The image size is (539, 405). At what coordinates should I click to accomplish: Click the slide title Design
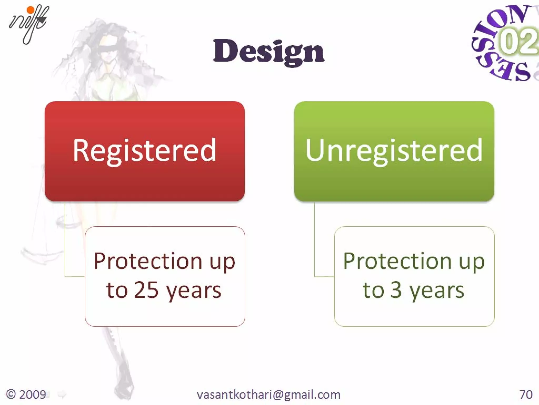click(x=269, y=51)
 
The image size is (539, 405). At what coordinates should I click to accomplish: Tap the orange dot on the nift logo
click(x=31, y=10)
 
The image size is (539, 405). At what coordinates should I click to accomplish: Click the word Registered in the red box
click(x=144, y=151)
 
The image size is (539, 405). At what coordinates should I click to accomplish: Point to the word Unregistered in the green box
click(x=394, y=151)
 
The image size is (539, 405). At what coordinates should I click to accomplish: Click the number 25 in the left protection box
click(x=146, y=290)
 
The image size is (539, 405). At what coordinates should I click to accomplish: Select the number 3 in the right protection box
click(x=396, y=290)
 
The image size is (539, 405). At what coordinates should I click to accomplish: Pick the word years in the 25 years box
click(x=194, y=291)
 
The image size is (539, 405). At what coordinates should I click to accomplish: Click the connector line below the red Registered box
click(x=65, y=237)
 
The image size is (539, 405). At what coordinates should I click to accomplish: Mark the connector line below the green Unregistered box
click(x=315, y=237)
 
